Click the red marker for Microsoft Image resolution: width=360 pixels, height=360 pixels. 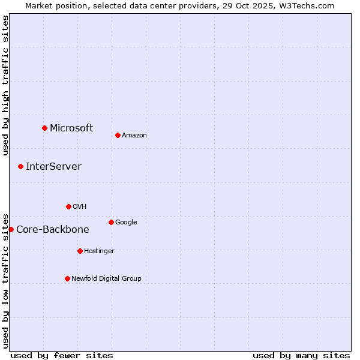(44, 128)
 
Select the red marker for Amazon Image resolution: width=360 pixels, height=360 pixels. (118, 135)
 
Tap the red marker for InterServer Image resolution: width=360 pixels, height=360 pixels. (20, 166)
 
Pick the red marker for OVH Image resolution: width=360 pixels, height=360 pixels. (68, 206)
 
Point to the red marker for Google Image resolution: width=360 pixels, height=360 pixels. (111, 222)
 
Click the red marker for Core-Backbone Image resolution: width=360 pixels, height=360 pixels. (11, 229)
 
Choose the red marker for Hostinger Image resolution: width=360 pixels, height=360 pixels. (80, 251)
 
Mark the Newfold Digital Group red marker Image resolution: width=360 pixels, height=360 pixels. (67, 278)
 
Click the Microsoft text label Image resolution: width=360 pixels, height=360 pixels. (71, 128)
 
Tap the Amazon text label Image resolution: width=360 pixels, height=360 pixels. (134, 136)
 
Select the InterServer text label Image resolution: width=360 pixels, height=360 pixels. (53, 167)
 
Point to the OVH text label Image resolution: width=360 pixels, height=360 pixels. (80, 207)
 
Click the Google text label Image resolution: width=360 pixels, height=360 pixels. (126, 223)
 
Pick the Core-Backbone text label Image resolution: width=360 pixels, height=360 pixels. (53, 230)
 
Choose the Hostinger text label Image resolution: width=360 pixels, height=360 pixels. (99, 251)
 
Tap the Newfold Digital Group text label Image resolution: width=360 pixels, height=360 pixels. (106, 279)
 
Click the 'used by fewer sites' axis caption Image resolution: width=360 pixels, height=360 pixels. (62, 356)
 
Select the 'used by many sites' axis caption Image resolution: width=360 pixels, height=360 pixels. (301, 356)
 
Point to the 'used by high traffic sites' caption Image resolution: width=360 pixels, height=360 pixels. (6, 85)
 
